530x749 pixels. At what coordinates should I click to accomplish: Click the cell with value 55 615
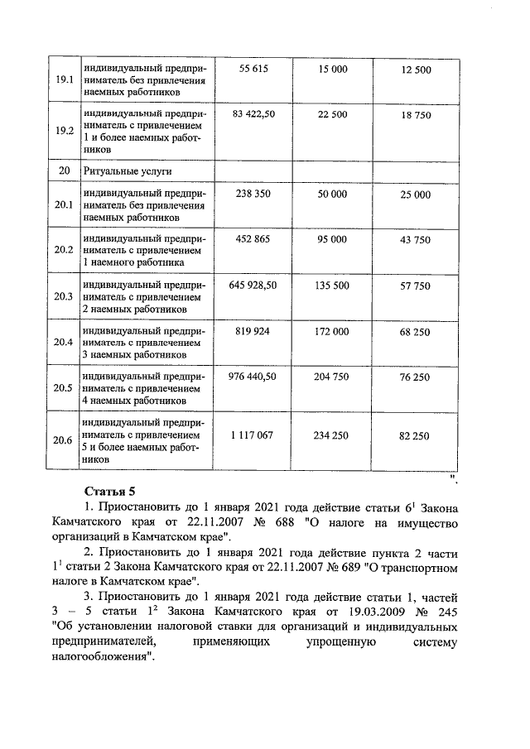(253, 70)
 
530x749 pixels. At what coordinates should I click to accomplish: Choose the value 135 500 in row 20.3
(333, 285)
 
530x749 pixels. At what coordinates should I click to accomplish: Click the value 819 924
(253, 331)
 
